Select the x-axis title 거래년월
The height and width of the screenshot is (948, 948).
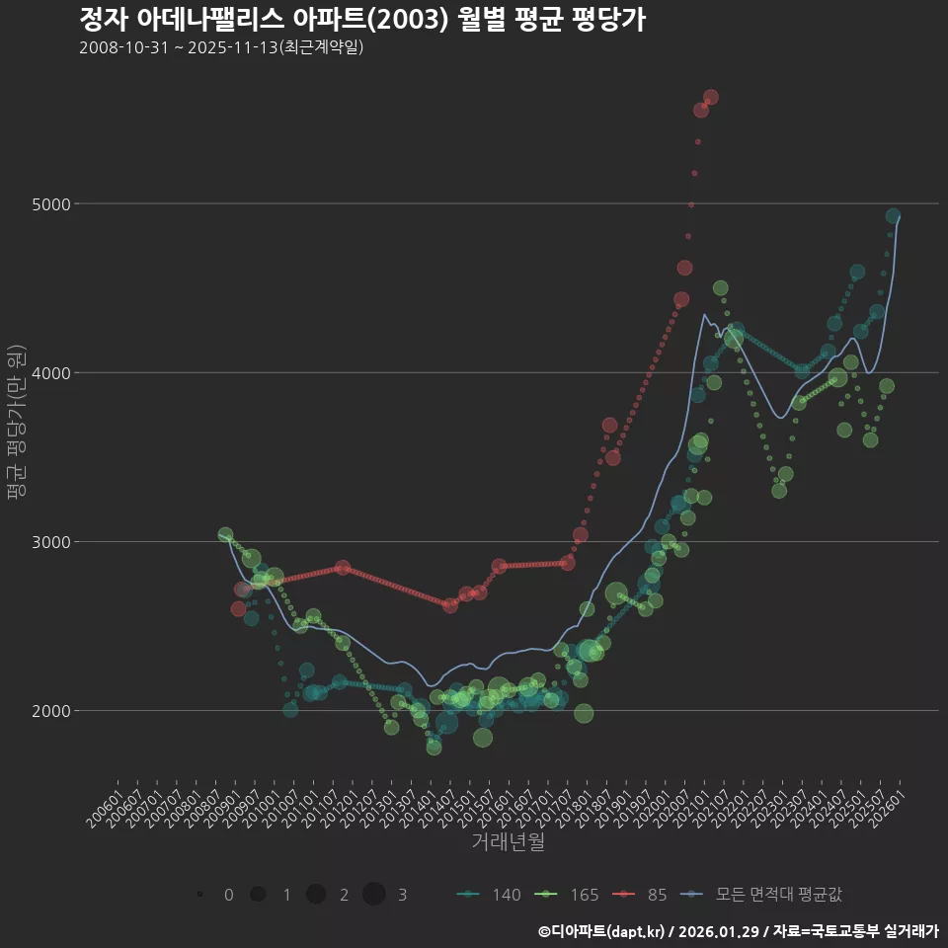[x=508, y=841]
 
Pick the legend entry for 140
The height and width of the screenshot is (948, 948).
[x=490, y=895]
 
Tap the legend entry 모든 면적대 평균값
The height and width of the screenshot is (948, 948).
[x=764, y=895]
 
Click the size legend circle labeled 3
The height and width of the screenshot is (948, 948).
[x=373, y=895]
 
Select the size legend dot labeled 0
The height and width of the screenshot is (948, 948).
[x=200, y=895]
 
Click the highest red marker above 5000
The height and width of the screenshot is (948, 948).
[x=710, y=97]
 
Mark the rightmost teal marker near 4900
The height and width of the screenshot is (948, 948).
[x=893, y=216]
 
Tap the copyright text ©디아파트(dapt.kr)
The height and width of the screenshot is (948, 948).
[x=601, y=931]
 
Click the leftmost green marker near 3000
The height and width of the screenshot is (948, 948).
[x=225, y=535]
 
